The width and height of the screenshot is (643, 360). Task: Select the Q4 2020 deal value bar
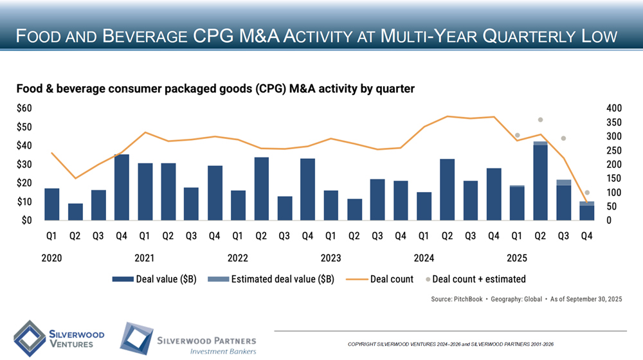click(x=122, y=187)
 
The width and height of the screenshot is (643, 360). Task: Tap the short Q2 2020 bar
click(x=75, y=212)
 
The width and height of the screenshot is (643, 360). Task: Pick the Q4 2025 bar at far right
click(x=586, y=212)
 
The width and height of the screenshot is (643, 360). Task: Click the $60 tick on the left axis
click(x=25, y=109)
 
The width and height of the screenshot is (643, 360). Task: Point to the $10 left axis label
click(x=25, y=202)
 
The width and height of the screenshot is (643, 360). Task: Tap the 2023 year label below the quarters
click(x=331, y=258)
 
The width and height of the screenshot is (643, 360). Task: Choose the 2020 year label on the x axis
click(x=51, y=258)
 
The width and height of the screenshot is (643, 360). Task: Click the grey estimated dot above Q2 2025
click(x=541, y=120)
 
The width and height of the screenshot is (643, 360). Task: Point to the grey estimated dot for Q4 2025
click(x=587, y=193)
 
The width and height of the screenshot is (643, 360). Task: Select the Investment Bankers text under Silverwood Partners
click(x=222, y=352)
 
